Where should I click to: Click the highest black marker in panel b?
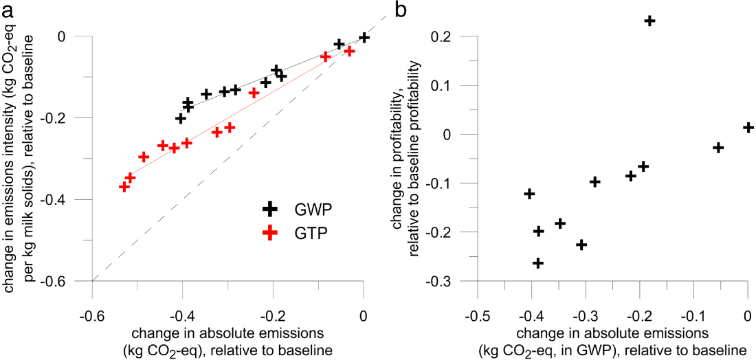click(x=649, y=21)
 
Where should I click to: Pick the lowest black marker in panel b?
click(x=538, y=263)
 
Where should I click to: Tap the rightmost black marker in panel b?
click(x=748, y=127)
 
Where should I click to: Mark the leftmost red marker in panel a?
click(x=124, y=186)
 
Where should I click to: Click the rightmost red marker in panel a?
click(x=349, y=51)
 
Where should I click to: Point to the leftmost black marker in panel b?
click(x=529, y=194)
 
